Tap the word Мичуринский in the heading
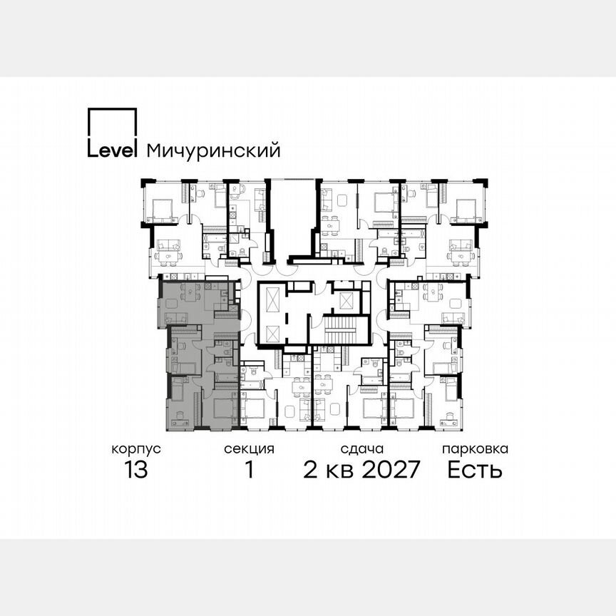[212, 150]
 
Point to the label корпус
[135, 449]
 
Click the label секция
[249, 449]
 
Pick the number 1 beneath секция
[249, 470]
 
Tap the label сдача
[362, 449]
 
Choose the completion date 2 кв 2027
[362, 470]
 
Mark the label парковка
[475, 449]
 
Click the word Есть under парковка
[475, 470]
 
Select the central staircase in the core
[339, 331]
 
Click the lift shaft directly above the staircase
[346, 300]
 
